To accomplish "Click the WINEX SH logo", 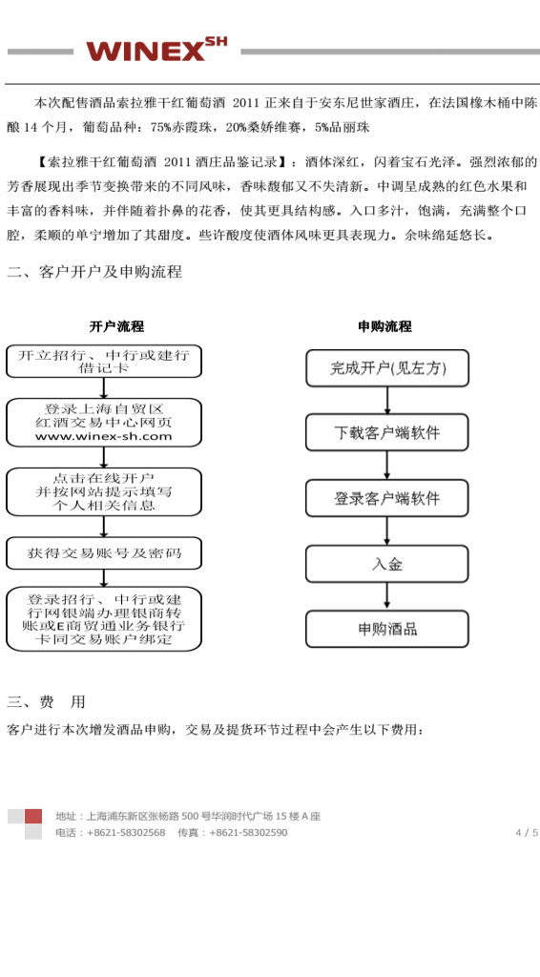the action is click(x=156, y=50).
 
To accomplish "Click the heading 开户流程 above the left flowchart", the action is click(x=116, y=326).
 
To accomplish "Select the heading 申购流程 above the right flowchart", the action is click(x=384, y=326).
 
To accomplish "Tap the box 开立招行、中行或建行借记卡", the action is click(x=104, y=362).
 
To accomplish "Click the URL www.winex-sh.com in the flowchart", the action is click(x=103, y=436).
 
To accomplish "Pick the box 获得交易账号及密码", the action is click(x=104, y=553).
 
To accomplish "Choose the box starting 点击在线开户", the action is click(x=104, y=491).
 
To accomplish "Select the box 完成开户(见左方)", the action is click(x=387, y=368).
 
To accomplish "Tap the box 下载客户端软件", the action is click(x=387, y=432).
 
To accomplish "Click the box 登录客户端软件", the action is click(x=387, y=498).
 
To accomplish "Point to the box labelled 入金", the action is click(x=387, y=564).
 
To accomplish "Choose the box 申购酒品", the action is click(x=387, y=629).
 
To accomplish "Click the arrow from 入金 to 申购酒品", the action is click(x=386, y=596).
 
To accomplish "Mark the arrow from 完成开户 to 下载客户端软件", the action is click(x=386, y=401).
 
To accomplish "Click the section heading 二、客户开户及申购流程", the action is click(x=94, y=272).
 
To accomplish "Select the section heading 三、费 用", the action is click(x=46, y=701).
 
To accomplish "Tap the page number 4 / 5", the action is click(x=527, y=832).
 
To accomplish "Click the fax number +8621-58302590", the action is click(x=248, y=832).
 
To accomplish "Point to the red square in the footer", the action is click(x=33, y=817).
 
